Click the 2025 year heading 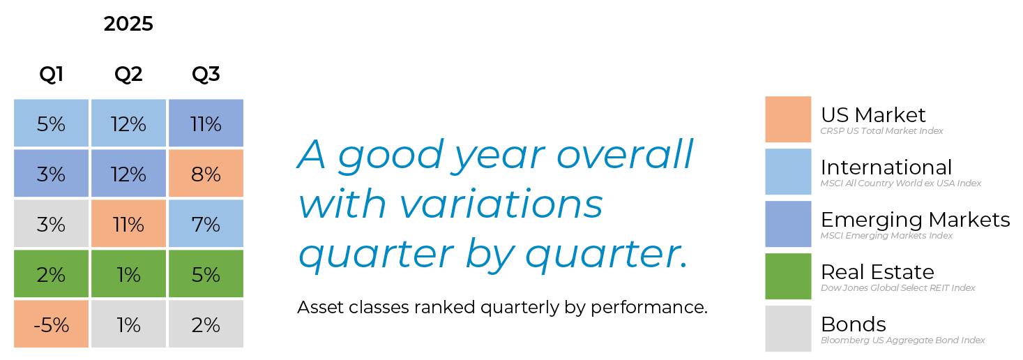(x=128, y=24)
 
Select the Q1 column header (x=51, y=74)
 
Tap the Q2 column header (x=128, y=74)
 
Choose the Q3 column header (x=206, y=74)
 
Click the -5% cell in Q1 (x=51, y=324)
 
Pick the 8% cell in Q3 (x=206, y=173)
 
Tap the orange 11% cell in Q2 (x=128, y=223)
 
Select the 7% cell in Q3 (x=206, y=223)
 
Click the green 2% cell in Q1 (x=51, y=273)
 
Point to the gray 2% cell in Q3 (x=206, y=324)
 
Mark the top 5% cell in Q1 (x=51, y=123)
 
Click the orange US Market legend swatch (x=788, y=119)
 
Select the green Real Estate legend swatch (x=788, y=276)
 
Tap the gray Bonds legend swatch (x=788, y=329)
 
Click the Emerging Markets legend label (x=915, y=220)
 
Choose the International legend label (x=886, y=167)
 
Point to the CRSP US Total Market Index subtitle (x=881, y=131)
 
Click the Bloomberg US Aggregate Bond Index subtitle (x=902, y=340)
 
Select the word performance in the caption (x=649, y=308)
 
